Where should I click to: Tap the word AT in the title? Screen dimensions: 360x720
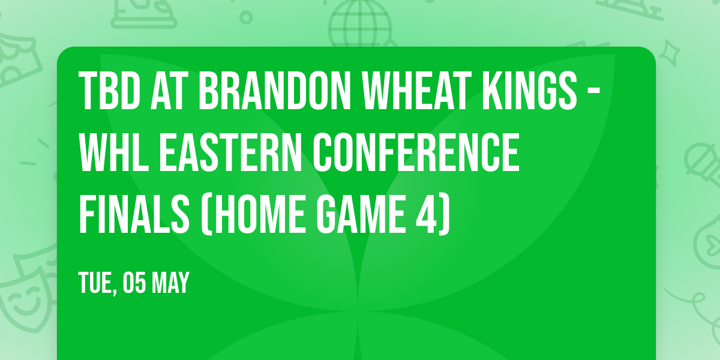pyautogui.click(x=173, y=92)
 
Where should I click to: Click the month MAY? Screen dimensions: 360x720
pyautogui.click(x=170, y=283)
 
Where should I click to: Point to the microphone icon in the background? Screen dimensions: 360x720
pyautogui.click(x=700, y=158)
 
